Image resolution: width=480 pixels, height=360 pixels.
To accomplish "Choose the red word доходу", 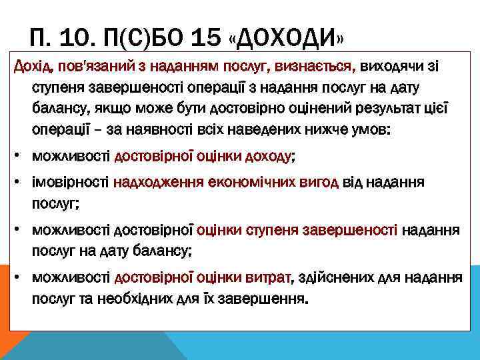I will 268,158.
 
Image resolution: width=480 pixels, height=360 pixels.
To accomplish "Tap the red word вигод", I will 322,183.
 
